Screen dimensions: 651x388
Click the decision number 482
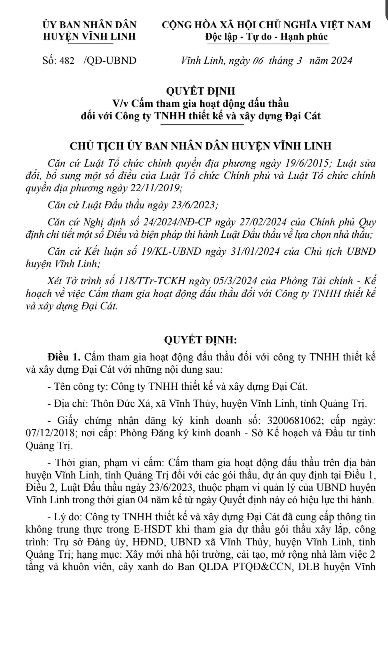click(x=67, y=61)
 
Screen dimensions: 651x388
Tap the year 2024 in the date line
click(x=341, y=61)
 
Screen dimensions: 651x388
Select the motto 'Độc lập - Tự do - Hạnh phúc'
click(x=267, y=36)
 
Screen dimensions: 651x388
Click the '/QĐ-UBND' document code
click(x=110, y=61)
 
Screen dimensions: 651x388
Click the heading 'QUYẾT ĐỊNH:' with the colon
click(x=200, y=340)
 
